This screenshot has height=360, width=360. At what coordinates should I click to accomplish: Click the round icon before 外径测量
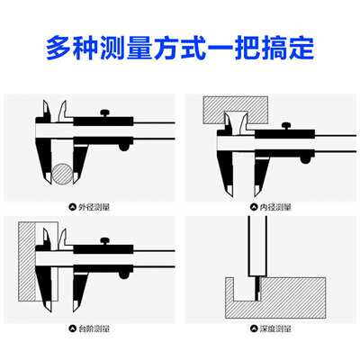(x=75, y=206)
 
